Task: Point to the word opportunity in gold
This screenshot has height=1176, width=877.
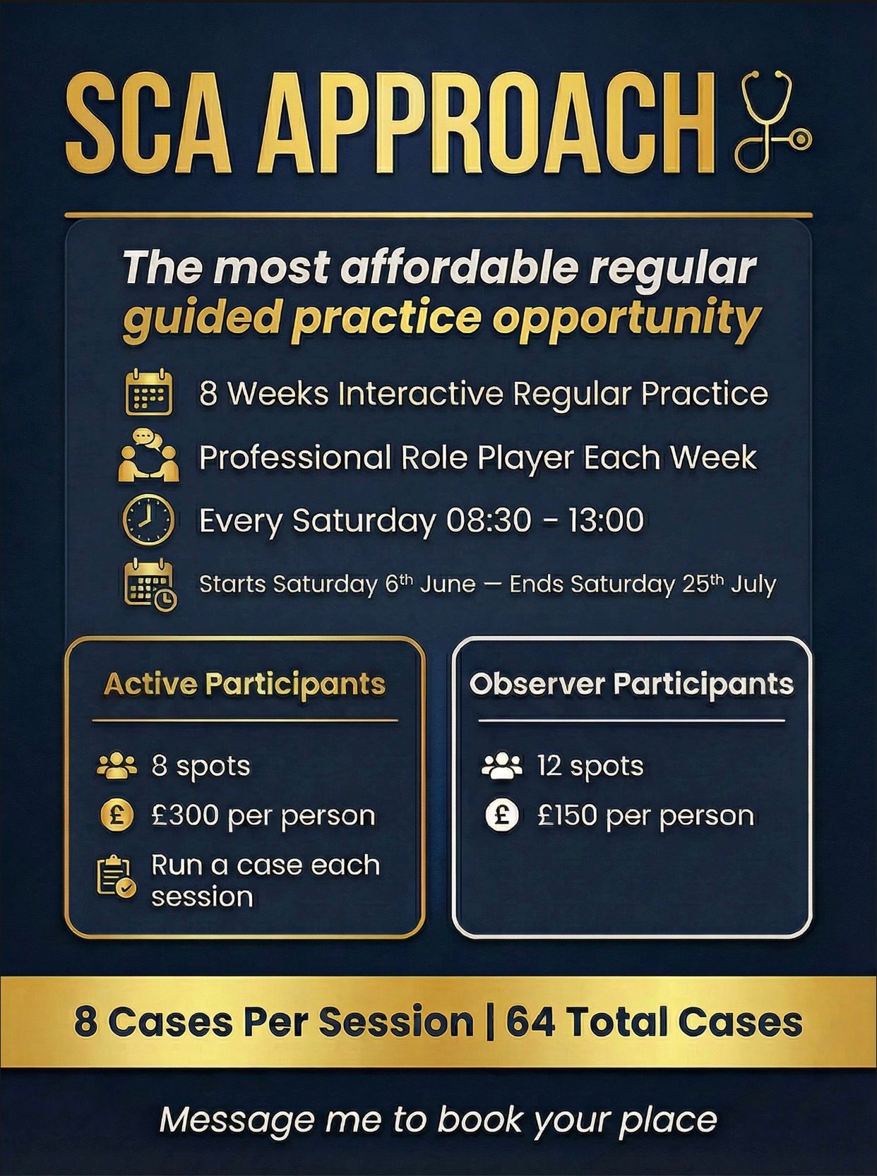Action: click(625, 318)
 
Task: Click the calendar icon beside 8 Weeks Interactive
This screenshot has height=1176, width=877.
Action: click(148, 392)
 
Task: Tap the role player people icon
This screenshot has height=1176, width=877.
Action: click(148, 456)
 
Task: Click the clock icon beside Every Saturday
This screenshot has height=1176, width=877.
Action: click(148, 520)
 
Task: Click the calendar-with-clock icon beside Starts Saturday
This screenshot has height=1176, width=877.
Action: click(150, 584)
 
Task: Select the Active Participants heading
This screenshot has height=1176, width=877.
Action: click(244, 683)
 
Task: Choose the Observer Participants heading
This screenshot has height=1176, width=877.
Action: click(631, 683)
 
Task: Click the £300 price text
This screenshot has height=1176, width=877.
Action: click(186, 815)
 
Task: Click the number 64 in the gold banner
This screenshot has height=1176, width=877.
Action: click(530, 1021)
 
